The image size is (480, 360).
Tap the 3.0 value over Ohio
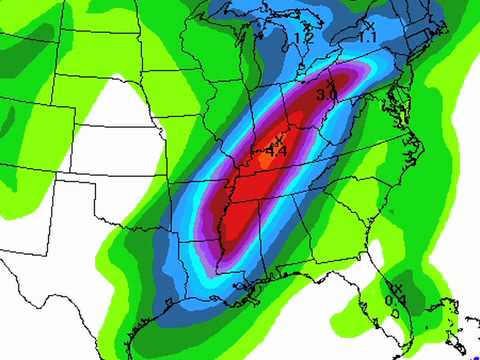pos(325,95)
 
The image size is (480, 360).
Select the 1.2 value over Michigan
pos(305,38)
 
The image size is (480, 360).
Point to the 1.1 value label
pos(367,37)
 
